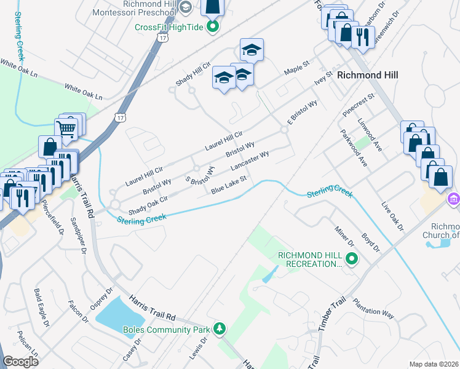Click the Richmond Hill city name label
point(367,75)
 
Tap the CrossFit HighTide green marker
point(213,26)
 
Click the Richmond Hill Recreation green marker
point(352,259)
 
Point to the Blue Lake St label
point(229,185)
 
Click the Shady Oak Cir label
point(148,202)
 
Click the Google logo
point(20,362)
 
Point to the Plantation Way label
point(373,308)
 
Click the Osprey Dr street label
point(101,300)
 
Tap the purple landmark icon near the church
point(453,199)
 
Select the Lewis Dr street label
point(196,347)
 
